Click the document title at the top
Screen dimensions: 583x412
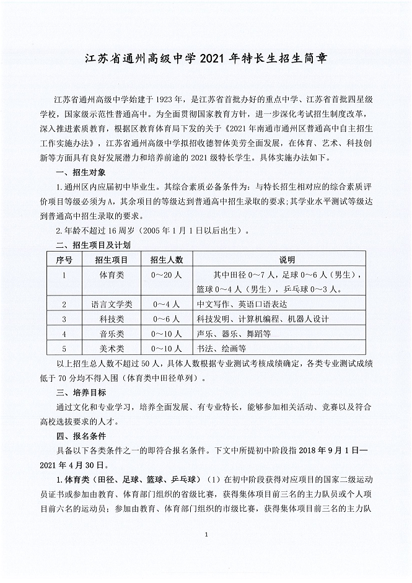coord(206,60)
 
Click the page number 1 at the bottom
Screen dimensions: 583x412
coord(206,533)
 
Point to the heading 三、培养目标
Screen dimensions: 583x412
coord(81,393)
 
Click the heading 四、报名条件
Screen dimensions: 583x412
coord(81,436)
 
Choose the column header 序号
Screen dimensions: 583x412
coord(64,258)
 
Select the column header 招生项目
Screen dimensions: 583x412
coord(112,258)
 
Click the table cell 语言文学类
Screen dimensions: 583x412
coord(112,304)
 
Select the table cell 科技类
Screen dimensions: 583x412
coord(112,319)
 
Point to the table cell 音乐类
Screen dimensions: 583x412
coord(112,334)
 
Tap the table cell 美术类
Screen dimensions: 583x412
coord(112,349)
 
